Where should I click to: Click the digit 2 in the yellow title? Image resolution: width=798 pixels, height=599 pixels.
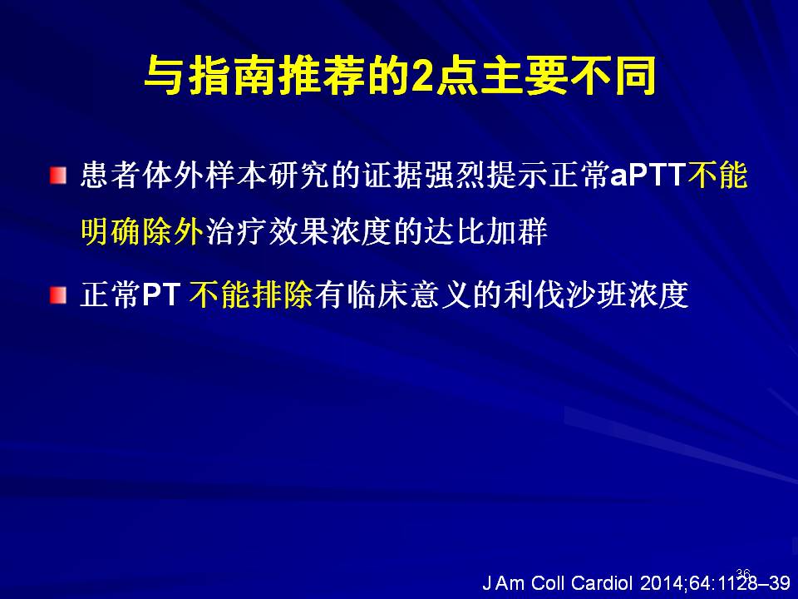(422, 77)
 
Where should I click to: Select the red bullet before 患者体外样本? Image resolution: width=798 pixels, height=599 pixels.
(58, 176)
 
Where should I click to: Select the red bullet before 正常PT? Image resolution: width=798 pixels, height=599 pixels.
(58, 295)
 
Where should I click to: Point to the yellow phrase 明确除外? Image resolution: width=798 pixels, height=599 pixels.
(142, 232)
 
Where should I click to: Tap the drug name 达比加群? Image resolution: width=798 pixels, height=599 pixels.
(486, 232)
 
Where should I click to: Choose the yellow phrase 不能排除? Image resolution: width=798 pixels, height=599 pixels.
(251, 295)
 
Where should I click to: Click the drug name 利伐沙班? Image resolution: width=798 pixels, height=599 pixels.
(565, 295)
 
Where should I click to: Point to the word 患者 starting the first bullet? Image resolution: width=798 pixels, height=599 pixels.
(111, 176)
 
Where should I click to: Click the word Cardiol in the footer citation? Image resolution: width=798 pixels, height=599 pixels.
(602, 583)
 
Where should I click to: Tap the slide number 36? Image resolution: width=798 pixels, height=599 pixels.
(743, 574)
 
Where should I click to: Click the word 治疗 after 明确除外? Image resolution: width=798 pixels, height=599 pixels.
(234, 232)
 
